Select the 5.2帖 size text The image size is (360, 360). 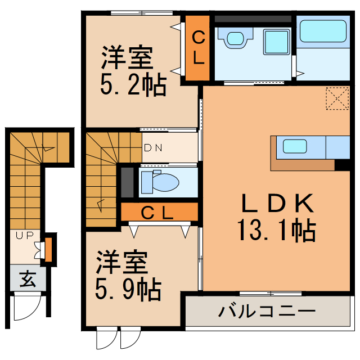coord(133,85)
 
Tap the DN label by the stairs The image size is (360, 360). coord(153,148)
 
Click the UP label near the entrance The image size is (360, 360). coord(24,236)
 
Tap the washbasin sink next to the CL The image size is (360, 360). coord(235,38)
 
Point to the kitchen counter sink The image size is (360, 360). coord(294,146)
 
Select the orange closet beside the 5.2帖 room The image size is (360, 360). coord(198,48)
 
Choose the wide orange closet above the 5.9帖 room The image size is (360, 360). coord(160,213)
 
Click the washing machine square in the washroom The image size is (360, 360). coord(276,41)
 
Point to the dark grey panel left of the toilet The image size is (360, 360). coord(128,182)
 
